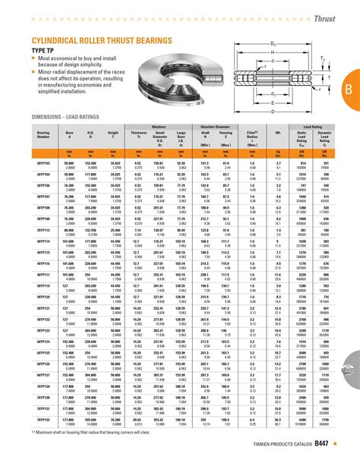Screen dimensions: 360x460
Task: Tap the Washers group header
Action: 159,126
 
